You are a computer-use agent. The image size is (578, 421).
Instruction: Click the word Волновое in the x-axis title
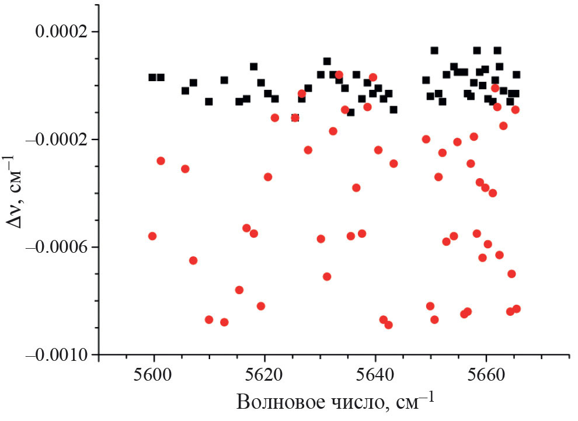(x=279, y=403)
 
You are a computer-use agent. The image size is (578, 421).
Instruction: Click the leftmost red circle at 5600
(x=152, y=236)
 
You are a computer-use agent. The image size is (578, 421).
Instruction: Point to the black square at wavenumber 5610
(x=209, y=102)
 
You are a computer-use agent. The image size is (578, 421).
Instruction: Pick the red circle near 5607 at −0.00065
(x=193, y=260)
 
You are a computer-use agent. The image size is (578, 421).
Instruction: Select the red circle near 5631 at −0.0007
(x=327, y=276)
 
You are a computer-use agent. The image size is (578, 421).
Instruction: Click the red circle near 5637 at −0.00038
(x=356, y=187)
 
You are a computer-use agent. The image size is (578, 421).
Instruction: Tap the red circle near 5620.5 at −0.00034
(x=268, y=177)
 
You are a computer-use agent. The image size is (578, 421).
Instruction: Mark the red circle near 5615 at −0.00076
(x=239, y=290)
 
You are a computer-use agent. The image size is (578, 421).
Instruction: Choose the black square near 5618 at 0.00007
(x=253, y=67)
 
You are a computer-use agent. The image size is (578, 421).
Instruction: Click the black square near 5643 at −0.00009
(x=394, y=110)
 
